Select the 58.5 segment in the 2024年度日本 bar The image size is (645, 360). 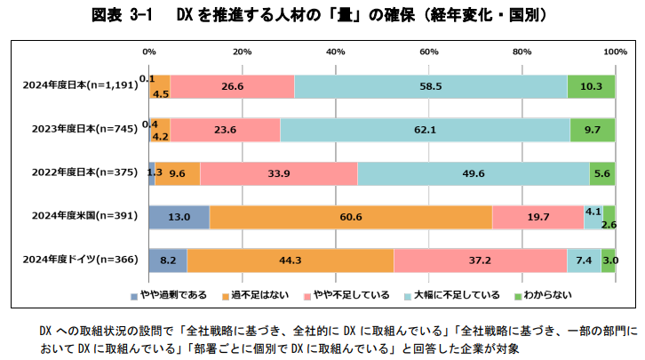coord(431,86)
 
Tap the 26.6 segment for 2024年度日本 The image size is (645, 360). coord(233,86)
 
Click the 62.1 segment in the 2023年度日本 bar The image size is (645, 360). coord(425,130)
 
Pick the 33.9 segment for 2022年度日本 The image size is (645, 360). coord(279,173)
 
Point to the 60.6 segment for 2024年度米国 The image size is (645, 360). coord(350,217)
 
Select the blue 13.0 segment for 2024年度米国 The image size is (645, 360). coord(179,217)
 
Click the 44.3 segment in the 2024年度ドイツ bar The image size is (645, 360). coord(291,260)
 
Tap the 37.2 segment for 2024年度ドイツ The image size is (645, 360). coord(481,260)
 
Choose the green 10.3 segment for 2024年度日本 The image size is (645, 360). coord(591,86)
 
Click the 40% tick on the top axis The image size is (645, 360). coord(335,52)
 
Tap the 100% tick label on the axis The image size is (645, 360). coord(615,52)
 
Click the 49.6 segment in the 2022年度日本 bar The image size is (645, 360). coord(473,173)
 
